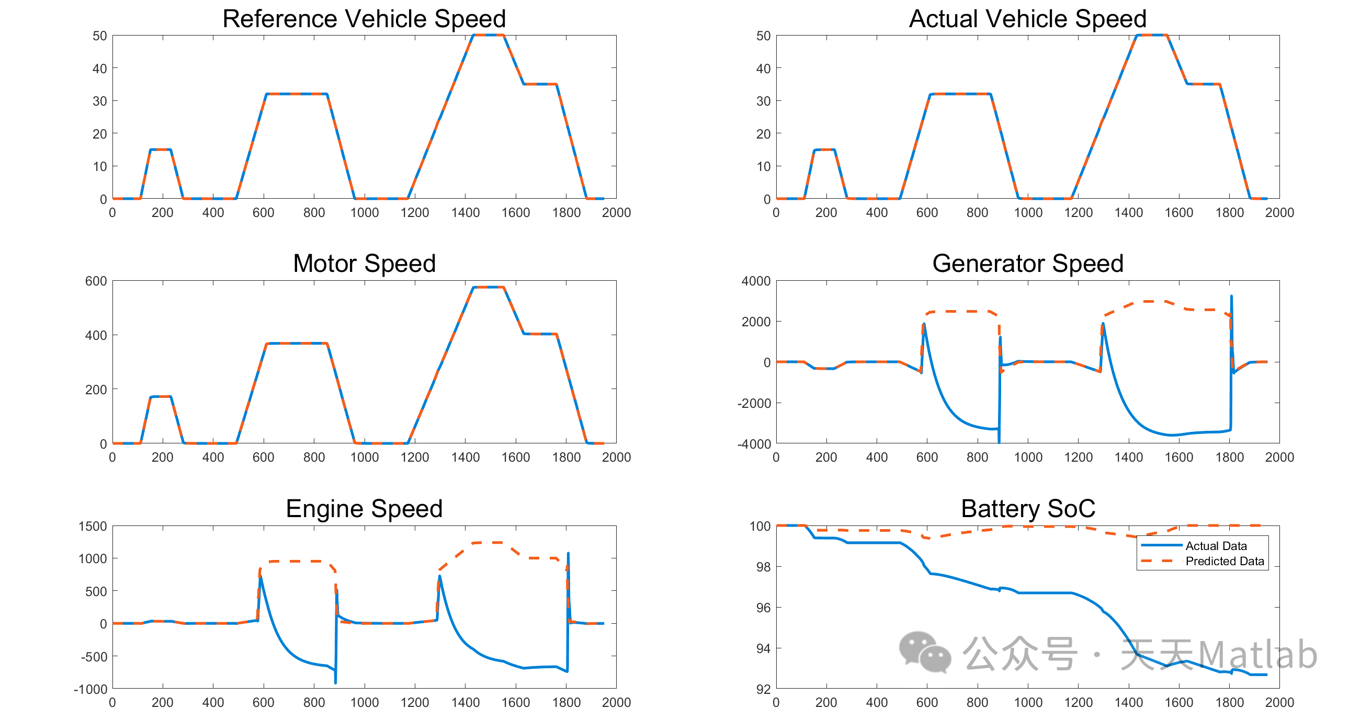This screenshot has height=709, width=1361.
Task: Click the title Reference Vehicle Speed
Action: [364, 19]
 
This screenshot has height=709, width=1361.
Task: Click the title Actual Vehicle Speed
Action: [1027, 19]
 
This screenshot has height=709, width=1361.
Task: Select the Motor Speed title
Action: [364, 264]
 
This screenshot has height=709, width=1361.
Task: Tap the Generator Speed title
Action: [1027, 264]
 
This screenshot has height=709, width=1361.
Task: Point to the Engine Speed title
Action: [364, 509]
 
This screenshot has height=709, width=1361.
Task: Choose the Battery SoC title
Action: [1028, 509]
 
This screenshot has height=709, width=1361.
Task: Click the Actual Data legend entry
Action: [1215, 546]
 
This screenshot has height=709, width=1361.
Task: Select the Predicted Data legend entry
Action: [1223, 561]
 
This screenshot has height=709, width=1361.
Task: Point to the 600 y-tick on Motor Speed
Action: [96, 281]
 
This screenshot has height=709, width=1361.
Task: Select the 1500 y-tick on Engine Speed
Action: [93, 526]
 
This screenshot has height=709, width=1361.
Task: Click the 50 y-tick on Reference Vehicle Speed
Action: [99, 36]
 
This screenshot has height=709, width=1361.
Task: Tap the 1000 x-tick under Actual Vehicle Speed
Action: [1028, 213]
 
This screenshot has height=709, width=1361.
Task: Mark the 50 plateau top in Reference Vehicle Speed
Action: [488, 36]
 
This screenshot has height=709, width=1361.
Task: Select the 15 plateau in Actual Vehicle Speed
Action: [824, 150]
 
